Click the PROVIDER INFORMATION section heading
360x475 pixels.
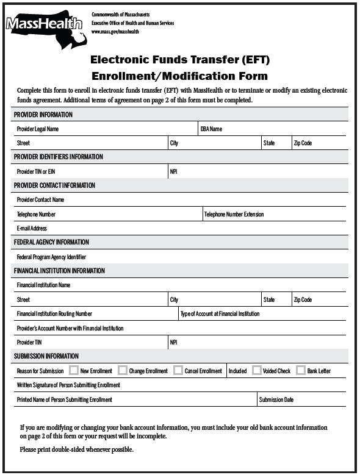(x=43, y=115)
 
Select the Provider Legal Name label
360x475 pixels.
(x=38, y=129)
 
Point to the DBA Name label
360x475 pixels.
(x=211, y=129)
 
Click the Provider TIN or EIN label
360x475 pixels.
(x=36, y=172)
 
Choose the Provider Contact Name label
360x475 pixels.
(x=40, y=200)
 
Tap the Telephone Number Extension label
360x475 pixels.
(x=234, y=215)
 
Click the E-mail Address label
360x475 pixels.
(x=32, y=229)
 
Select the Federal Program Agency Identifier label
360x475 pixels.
(x=51, y=257)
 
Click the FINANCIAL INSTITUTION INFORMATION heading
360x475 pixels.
(x=59, y=271)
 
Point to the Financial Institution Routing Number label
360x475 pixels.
(x=54, y=314)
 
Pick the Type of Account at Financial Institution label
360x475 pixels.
(x=220, y=314)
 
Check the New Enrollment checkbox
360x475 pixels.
(x=74, y=370)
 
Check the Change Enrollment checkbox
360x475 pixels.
(x=123, y=370)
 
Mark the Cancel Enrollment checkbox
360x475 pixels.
(x=178, y=370)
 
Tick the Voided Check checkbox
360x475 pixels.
(x=257, y=370)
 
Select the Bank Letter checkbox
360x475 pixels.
(x=301, y=370)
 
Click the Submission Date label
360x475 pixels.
(x=276, y=400)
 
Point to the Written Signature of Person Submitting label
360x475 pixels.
(x=68, y=385)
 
